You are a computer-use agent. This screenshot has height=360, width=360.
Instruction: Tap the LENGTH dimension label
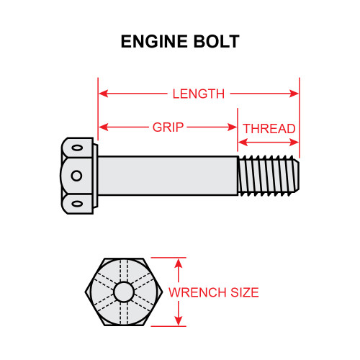coord(199,94)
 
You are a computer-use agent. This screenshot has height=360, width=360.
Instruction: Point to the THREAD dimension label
coord(269,129)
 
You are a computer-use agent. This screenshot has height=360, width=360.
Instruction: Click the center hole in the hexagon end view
coord(124,292)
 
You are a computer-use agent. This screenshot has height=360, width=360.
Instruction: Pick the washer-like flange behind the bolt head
coord(94,175)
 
